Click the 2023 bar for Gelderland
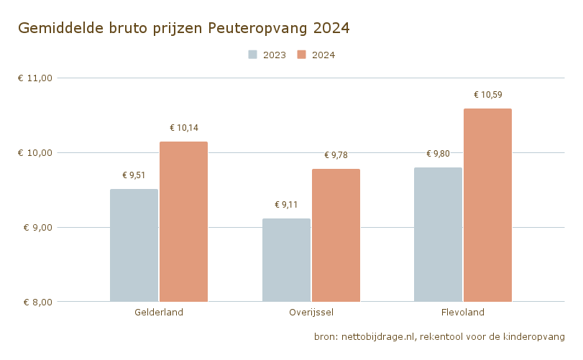(134, 245)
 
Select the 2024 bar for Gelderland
(183, 221)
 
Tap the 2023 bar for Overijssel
(286, 260)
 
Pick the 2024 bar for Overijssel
(336, 235)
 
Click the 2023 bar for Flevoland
(438, 234)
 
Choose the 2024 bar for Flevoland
(487, 205)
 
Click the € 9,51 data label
(134, 175)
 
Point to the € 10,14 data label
(184, 128)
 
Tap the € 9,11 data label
(286, 205)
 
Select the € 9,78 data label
(336, 155)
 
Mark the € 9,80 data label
(438, 154)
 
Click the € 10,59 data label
(488, 95)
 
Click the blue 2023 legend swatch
(253, 55)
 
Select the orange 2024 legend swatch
(302, 55)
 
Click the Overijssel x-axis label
(311, 313)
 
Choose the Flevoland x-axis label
(463, 313)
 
